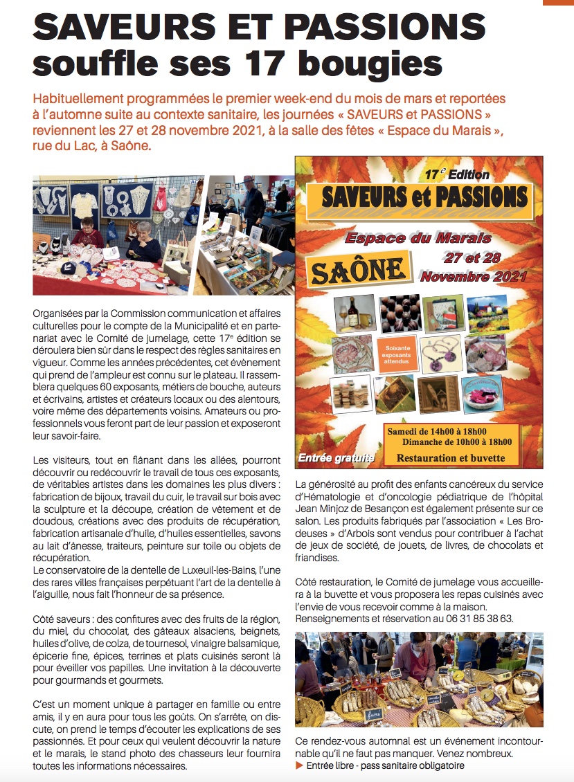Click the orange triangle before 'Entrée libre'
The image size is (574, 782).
click(299, 765)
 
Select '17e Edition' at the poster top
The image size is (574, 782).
click(457, 174)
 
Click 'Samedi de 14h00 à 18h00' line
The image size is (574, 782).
click(438, 432)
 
